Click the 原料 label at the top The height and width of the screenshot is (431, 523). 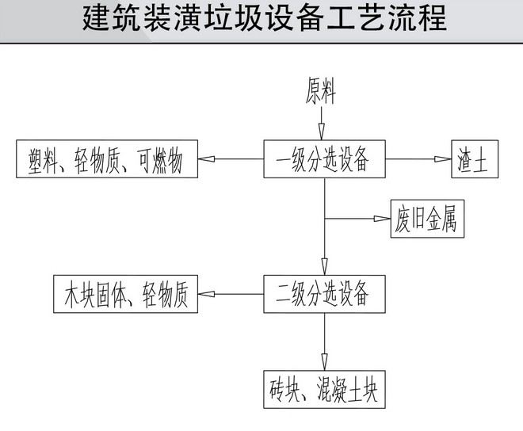pyautogui.click(x=321, y=93)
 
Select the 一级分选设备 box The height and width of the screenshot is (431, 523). pyautogui.click(x=323, y=159)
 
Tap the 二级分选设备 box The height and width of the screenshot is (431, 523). pyautogui.click(x=323, y=293)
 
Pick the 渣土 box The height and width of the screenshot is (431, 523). pyautogui.click(x=473, y=159)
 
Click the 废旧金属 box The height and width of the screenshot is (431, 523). pyautogui.click(x=425, y=219)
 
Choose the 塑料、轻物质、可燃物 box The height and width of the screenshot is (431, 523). pyautogui.click(x=106, y=159)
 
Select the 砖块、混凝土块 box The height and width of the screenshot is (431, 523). pyautogui.click(x=323, y=389)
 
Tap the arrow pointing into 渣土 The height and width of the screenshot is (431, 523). pyautogui.click(x=441, y=159)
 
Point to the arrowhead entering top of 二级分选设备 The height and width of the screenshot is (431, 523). pyautogui.click(x=323, y=267)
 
